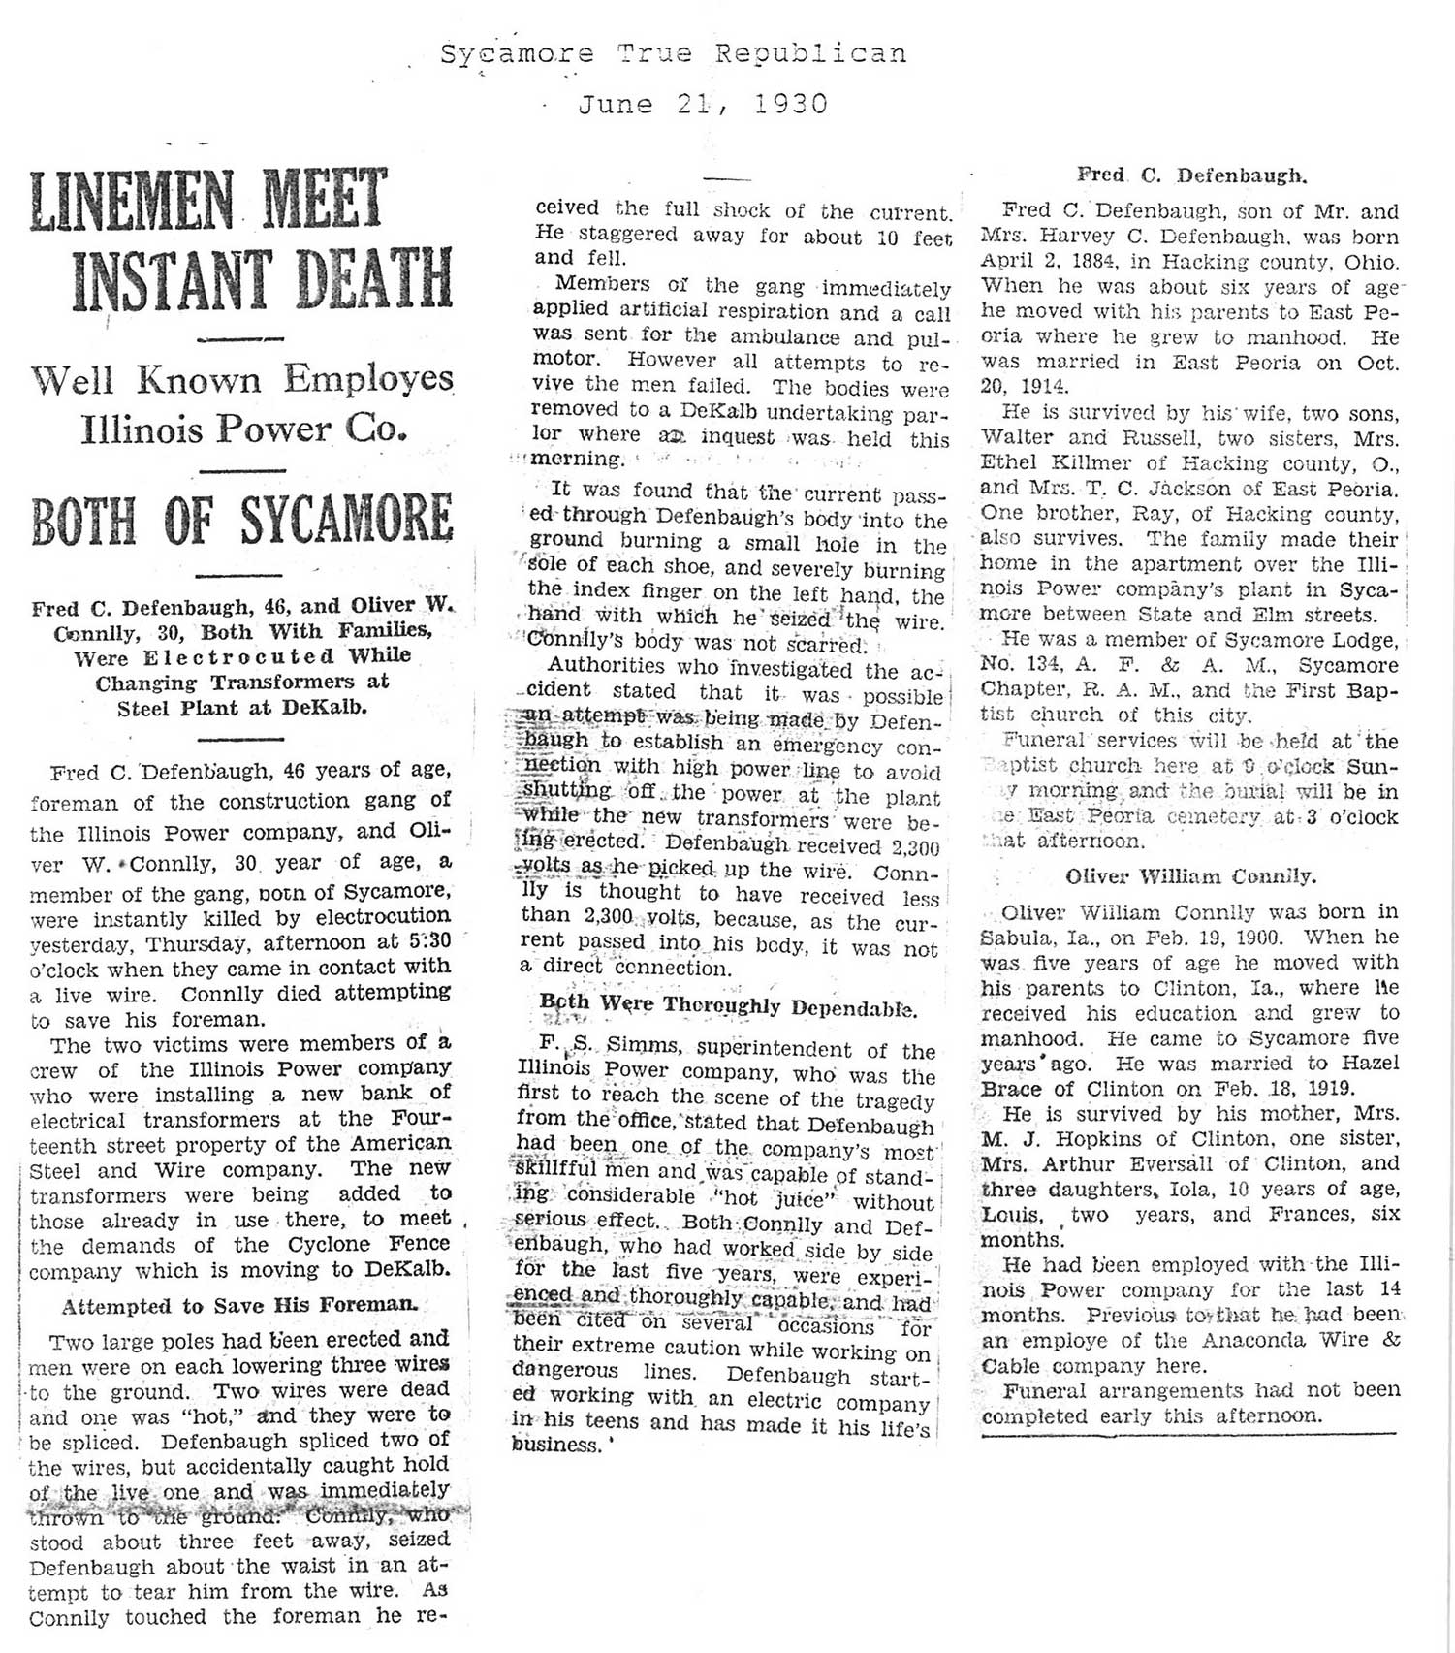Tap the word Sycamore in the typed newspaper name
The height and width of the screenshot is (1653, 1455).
(x=517, y=53)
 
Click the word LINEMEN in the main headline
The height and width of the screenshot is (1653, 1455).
(x=131, y=201)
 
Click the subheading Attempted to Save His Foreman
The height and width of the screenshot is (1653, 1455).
(x=239, y=1305)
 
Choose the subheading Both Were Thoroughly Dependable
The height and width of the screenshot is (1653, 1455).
(x=728, y=1005)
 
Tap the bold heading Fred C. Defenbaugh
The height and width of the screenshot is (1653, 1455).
(x=1191, y=175)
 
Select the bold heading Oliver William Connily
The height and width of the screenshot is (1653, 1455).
(x=1190, y=876)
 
